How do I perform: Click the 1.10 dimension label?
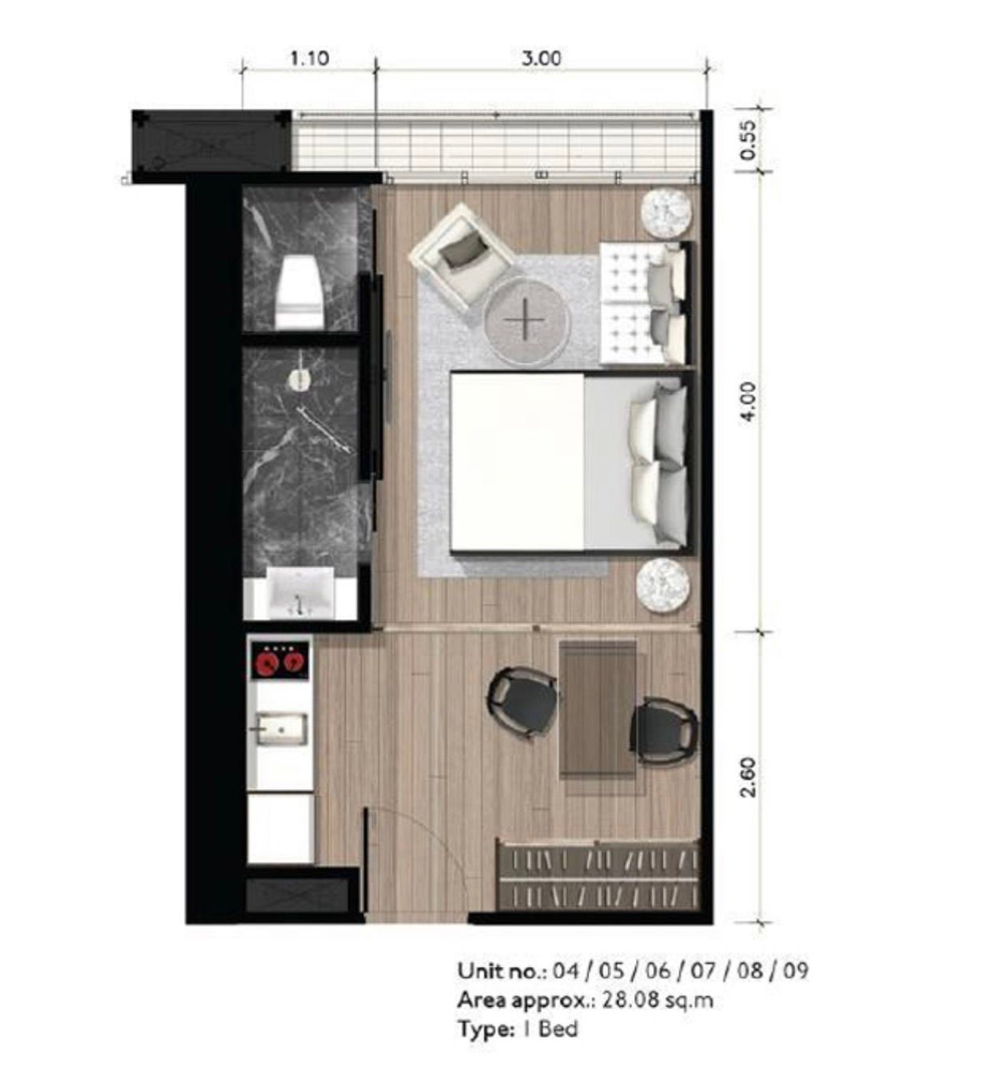pyautogui.click(x=310, y=57)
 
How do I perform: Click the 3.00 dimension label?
pyautogui.click(x=541, y=57)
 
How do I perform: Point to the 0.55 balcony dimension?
pyautogui.click(x=748, y=141)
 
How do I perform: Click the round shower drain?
pyautogui.click(x=299, y=378)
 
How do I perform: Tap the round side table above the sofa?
pyautogui.click(x=669, y=213)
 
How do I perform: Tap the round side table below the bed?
pyautogui.click(x=663, y=586)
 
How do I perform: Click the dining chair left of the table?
pyautogui.click(x=523, y=703)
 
